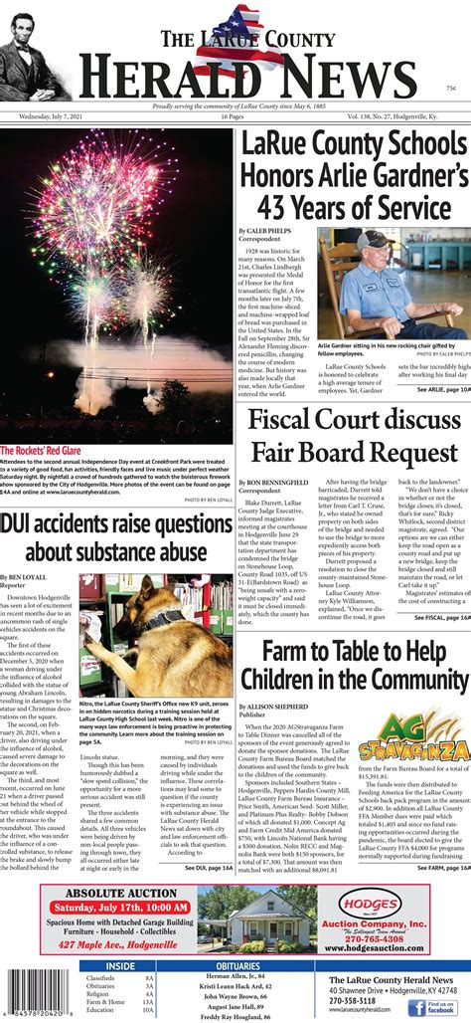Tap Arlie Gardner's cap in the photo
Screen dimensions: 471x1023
pos(374,240)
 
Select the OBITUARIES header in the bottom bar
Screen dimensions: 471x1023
pos(237,965)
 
